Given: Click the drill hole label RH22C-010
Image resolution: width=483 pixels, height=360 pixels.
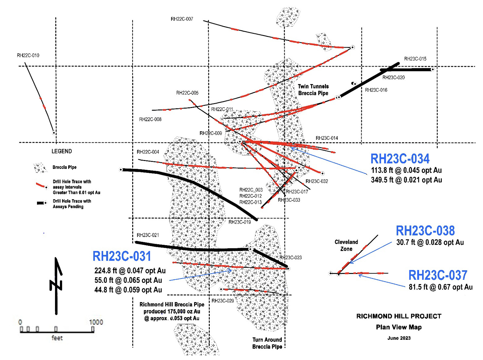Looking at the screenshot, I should (x=28, y=55).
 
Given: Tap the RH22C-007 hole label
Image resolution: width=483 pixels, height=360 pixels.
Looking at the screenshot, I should (x=182, y=19).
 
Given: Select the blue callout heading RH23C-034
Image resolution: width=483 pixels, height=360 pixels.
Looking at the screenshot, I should (x=400, y=159).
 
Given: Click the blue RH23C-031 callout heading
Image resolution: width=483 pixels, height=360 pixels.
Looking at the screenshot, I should (x=122, y=256).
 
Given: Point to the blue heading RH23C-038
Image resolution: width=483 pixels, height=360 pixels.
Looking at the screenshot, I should (x=425, y=231).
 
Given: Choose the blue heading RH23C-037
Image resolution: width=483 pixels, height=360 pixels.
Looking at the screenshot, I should (x=438, y=275).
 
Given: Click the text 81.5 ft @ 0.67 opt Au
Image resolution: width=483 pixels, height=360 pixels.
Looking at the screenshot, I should (x=440, y=287).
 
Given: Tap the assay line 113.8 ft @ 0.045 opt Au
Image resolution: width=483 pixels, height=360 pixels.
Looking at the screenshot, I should (x=406, y=170).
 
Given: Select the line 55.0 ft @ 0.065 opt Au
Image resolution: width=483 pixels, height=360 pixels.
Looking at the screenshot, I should (x=128, y=280).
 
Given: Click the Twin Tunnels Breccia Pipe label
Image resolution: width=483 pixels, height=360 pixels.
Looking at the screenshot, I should (x=313, y=90).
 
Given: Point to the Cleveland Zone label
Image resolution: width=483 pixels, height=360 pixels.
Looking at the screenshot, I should (x=346, y=245).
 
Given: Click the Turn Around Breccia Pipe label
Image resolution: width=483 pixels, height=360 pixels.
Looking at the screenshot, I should (x=267, y=343).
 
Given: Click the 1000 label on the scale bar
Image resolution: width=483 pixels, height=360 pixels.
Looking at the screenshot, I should (x=96, y=322).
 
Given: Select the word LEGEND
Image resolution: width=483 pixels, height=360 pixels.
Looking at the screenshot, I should (x=62, y=151).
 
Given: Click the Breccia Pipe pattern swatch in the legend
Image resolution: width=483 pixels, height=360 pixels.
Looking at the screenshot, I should (x=41, y=168).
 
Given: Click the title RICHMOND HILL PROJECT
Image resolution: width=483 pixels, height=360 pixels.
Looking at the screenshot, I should (x=399, y=316).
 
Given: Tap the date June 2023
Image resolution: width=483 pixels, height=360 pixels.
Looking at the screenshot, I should (x=399, y=338).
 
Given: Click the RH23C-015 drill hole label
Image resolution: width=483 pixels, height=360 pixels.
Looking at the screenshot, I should (x=415, y=59).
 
